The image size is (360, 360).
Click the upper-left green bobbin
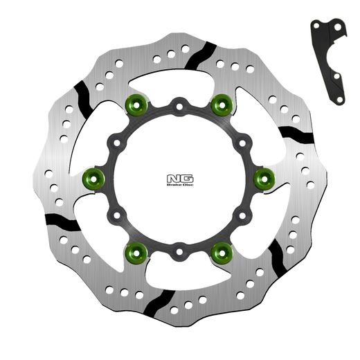tap(136, 106)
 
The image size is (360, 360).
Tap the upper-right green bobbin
tap(222, 106)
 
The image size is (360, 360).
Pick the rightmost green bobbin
tap(264, 178)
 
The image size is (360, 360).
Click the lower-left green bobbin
tap(136, 250)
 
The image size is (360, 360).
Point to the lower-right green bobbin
tap(222, 250)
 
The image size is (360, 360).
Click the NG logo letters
tap(177, 177)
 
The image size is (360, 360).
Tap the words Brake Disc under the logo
tap(177, 184)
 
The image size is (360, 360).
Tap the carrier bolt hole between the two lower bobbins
tap(179, 249)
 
